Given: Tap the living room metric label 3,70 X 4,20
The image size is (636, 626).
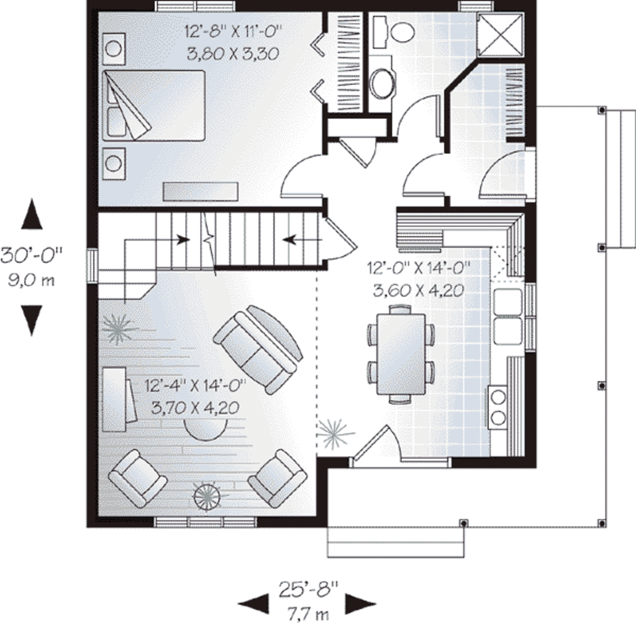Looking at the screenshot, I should [x=196, y=407].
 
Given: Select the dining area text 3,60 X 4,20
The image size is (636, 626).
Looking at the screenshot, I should [x=417, y=289].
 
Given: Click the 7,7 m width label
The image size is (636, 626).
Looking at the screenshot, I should [x=307, y=614].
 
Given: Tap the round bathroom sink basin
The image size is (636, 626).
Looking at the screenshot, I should [x=382, y=83].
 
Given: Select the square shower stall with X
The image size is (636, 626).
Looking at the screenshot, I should [x=500, y=35].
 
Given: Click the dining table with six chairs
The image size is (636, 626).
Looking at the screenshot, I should [x=401, y=354].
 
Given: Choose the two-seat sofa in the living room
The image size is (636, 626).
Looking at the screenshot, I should [x=258, y=349].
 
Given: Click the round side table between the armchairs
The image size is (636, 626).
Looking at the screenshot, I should [x=207, y=496].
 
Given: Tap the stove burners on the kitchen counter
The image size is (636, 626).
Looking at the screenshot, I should [x=498, y=406].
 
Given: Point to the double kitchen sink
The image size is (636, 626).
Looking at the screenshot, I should [x=507, y=316].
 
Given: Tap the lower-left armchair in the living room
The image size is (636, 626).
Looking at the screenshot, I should [x=137, y=478].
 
